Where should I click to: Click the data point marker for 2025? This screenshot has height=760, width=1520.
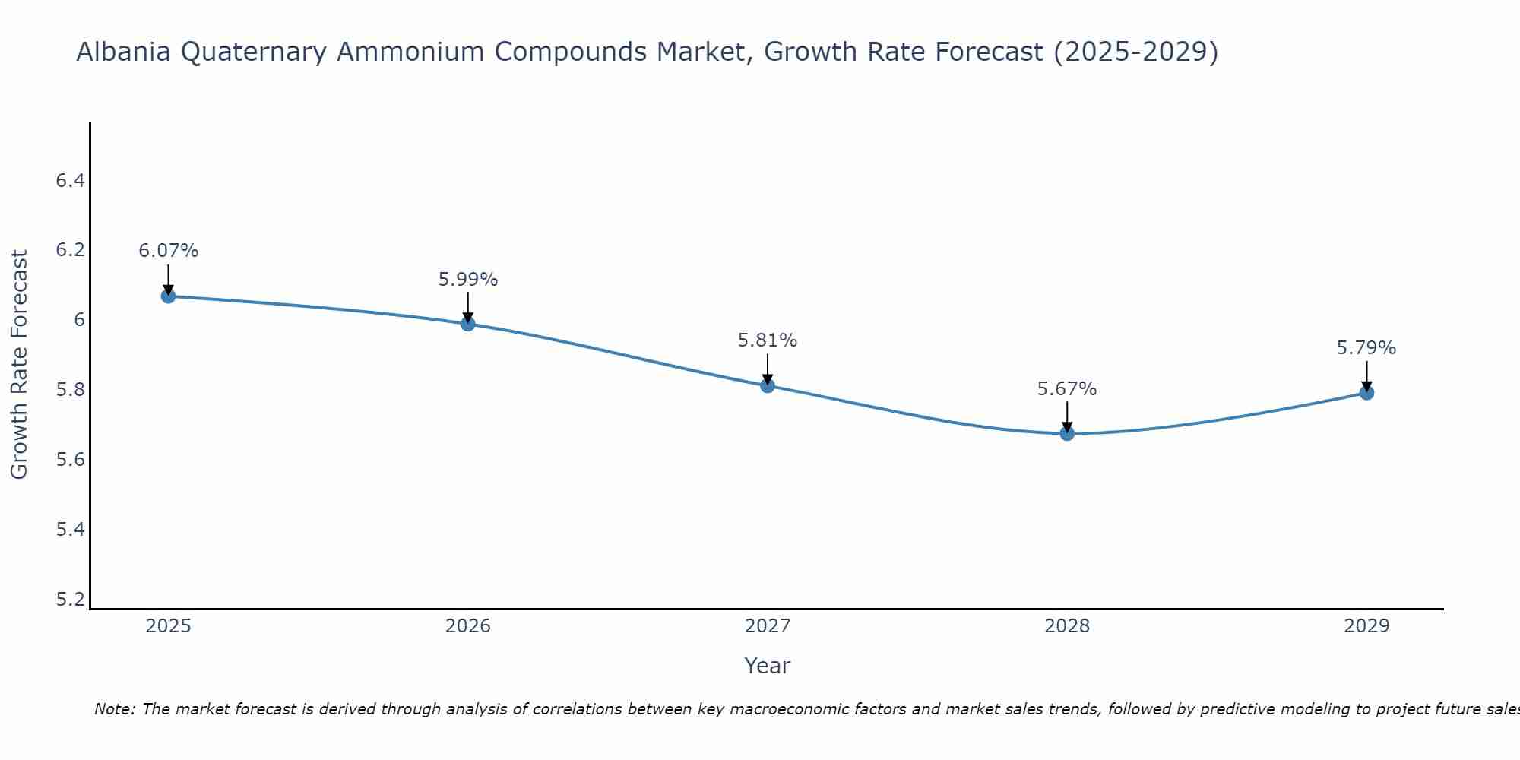point(168,296)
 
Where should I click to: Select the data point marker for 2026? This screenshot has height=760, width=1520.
point(467,324)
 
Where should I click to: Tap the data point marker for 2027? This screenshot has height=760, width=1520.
point(768,386)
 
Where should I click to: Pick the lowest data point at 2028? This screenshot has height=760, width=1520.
point(1067,433)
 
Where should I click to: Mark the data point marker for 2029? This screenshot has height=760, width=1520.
point(1366,393)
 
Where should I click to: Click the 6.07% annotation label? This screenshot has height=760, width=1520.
point(168,251)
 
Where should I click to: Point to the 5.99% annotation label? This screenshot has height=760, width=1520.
point(467,280)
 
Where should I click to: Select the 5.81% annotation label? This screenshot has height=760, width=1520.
point(768,340)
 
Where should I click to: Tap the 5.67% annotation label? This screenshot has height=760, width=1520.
point(1067,389)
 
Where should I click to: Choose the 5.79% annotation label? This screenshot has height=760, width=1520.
point(1366,348)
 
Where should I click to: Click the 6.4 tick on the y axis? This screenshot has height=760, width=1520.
point(70,181)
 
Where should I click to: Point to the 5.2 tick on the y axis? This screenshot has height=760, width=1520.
point(70,600)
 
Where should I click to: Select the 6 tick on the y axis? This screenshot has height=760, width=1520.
point(79,320)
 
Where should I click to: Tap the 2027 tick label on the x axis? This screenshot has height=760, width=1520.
point(768,626)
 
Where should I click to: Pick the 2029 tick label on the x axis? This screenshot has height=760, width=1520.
point(1366,626)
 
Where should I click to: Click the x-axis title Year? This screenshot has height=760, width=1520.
point(768,666)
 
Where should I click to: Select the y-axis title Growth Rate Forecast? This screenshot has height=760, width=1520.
point(20,365)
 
